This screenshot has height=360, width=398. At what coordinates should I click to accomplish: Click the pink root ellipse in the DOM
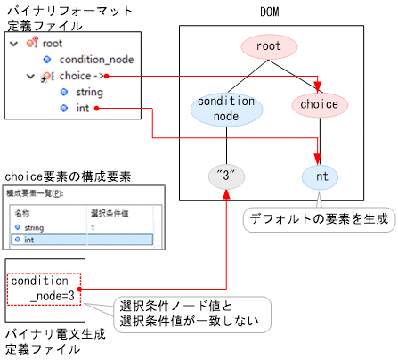point(268,46)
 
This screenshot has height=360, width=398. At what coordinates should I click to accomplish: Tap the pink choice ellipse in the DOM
point(320,104)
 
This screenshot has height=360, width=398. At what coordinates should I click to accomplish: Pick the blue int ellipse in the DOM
point(320,176)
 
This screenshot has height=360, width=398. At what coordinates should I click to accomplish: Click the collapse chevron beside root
point(12,43)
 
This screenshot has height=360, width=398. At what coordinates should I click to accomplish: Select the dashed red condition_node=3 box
point(45,289)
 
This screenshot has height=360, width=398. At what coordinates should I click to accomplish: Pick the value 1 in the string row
point(93,227)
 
